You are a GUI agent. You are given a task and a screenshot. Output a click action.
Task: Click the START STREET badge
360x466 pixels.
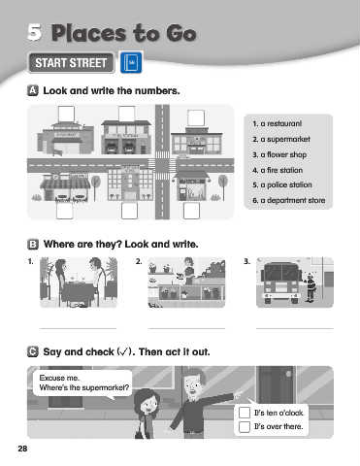pos(71,63)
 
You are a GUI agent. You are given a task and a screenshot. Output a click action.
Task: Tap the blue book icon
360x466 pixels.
pos(131,62)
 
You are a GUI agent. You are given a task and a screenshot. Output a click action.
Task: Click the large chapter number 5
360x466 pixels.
pos(34,32)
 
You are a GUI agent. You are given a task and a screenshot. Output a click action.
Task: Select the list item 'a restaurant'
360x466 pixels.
pos(278,123)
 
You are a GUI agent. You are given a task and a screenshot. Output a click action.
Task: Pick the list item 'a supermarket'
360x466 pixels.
pos(281,139)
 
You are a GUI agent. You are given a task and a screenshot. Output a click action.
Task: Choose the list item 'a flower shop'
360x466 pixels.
pos(279,154)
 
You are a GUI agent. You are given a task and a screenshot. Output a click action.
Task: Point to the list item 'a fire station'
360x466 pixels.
pos(278,170)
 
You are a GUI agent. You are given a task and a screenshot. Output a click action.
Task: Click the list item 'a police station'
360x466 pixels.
pos(282,184)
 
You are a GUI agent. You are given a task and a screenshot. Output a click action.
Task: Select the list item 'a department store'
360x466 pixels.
pos(289,200)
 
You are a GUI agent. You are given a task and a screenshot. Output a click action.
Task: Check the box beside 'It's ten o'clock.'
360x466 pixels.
pos(245,413)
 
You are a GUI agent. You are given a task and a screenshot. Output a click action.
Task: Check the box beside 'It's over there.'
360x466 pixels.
pos(245,427)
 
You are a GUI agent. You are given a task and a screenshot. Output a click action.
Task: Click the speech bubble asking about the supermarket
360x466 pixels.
pos(82,383)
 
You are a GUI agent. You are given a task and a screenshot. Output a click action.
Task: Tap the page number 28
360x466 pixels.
pos(22,449)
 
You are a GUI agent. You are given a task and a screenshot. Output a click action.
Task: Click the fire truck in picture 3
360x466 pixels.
pos(280,283)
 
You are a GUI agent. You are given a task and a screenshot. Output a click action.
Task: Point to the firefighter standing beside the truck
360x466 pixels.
pos(310,287)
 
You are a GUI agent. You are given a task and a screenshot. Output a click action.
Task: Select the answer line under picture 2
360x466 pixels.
pos(186,328)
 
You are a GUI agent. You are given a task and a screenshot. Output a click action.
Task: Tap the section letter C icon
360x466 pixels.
pos(33,351)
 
